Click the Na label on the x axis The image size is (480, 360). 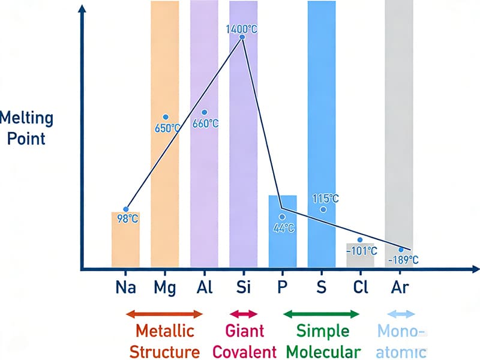[x=126, y=287]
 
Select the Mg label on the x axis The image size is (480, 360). [x=164, y=287]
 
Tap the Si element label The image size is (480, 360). [x=243, y=287]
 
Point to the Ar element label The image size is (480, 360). [x=399, y=287]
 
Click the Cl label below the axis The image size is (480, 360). [x=360, y=287]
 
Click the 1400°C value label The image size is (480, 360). [x=242, y=29]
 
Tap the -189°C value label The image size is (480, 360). [x=403, y=260]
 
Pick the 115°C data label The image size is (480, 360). [x=326, y=199]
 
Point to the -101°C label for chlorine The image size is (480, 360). [x=362, y=251]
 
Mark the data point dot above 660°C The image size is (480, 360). [x=205, y=113]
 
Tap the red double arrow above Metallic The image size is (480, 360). [x=165, y=314]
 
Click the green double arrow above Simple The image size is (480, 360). [x=321, y=314]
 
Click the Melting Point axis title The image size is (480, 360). [x=26, y=128]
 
